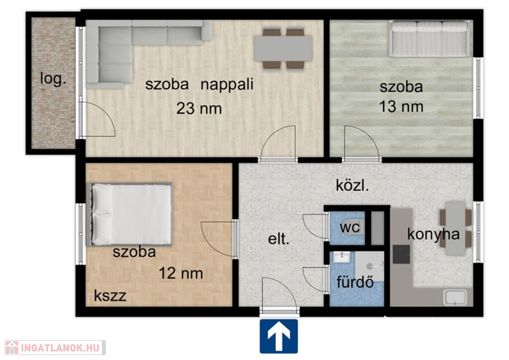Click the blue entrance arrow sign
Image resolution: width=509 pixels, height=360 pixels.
(278, 336)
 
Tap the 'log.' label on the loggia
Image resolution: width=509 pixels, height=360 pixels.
(53, 79)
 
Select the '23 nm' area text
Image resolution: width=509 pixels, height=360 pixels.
(199, 108)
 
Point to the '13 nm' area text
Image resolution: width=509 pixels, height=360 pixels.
(401, 106)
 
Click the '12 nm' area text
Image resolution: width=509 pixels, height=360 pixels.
(181, 273)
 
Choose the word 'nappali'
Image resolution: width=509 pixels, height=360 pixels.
(227, 85)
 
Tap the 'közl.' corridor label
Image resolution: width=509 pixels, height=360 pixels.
(352, 185)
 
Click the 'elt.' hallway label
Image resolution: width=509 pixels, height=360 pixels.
(278, 239)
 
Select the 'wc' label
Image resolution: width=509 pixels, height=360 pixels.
(349, 227)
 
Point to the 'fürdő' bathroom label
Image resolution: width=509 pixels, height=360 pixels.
(355, 282)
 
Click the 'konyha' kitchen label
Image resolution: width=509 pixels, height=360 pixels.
(433, 234)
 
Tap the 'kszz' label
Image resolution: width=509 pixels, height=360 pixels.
(110, 296)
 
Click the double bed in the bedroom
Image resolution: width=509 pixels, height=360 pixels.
(129, 214)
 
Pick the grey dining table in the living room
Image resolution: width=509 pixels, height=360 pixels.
(283, 49)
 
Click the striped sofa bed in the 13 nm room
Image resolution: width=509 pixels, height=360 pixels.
(429, 39)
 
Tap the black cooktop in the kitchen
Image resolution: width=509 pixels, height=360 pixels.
(401, 254)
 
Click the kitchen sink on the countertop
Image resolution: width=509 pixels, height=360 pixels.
(455, 298)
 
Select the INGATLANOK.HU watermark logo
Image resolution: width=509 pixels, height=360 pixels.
(55, 348)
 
